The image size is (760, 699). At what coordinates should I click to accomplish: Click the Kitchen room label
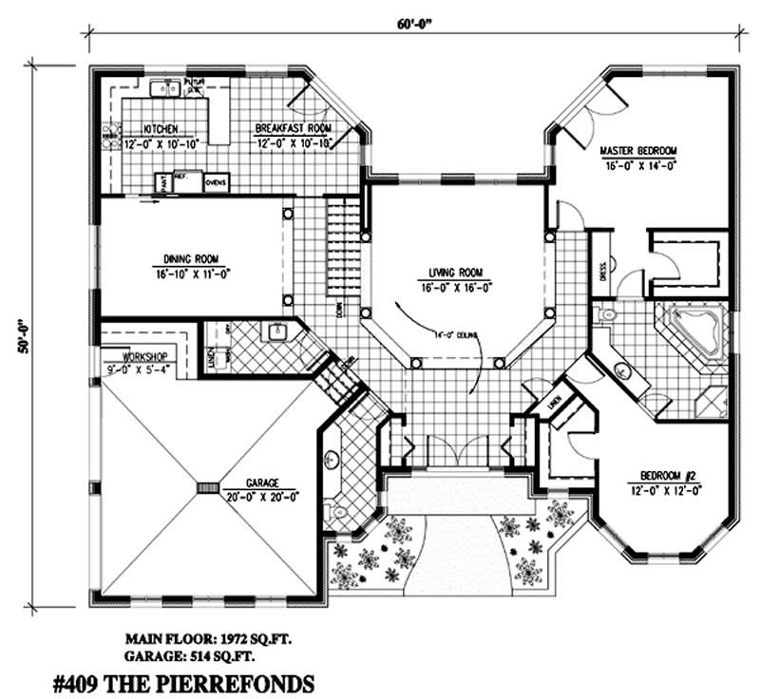pyautogui.click(x=161, y=128)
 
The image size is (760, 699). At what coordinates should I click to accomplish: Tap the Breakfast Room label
pyautogui.click(x=292, y=128)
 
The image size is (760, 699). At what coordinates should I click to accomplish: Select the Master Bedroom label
pyautogui.click(x=637, y=151)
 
